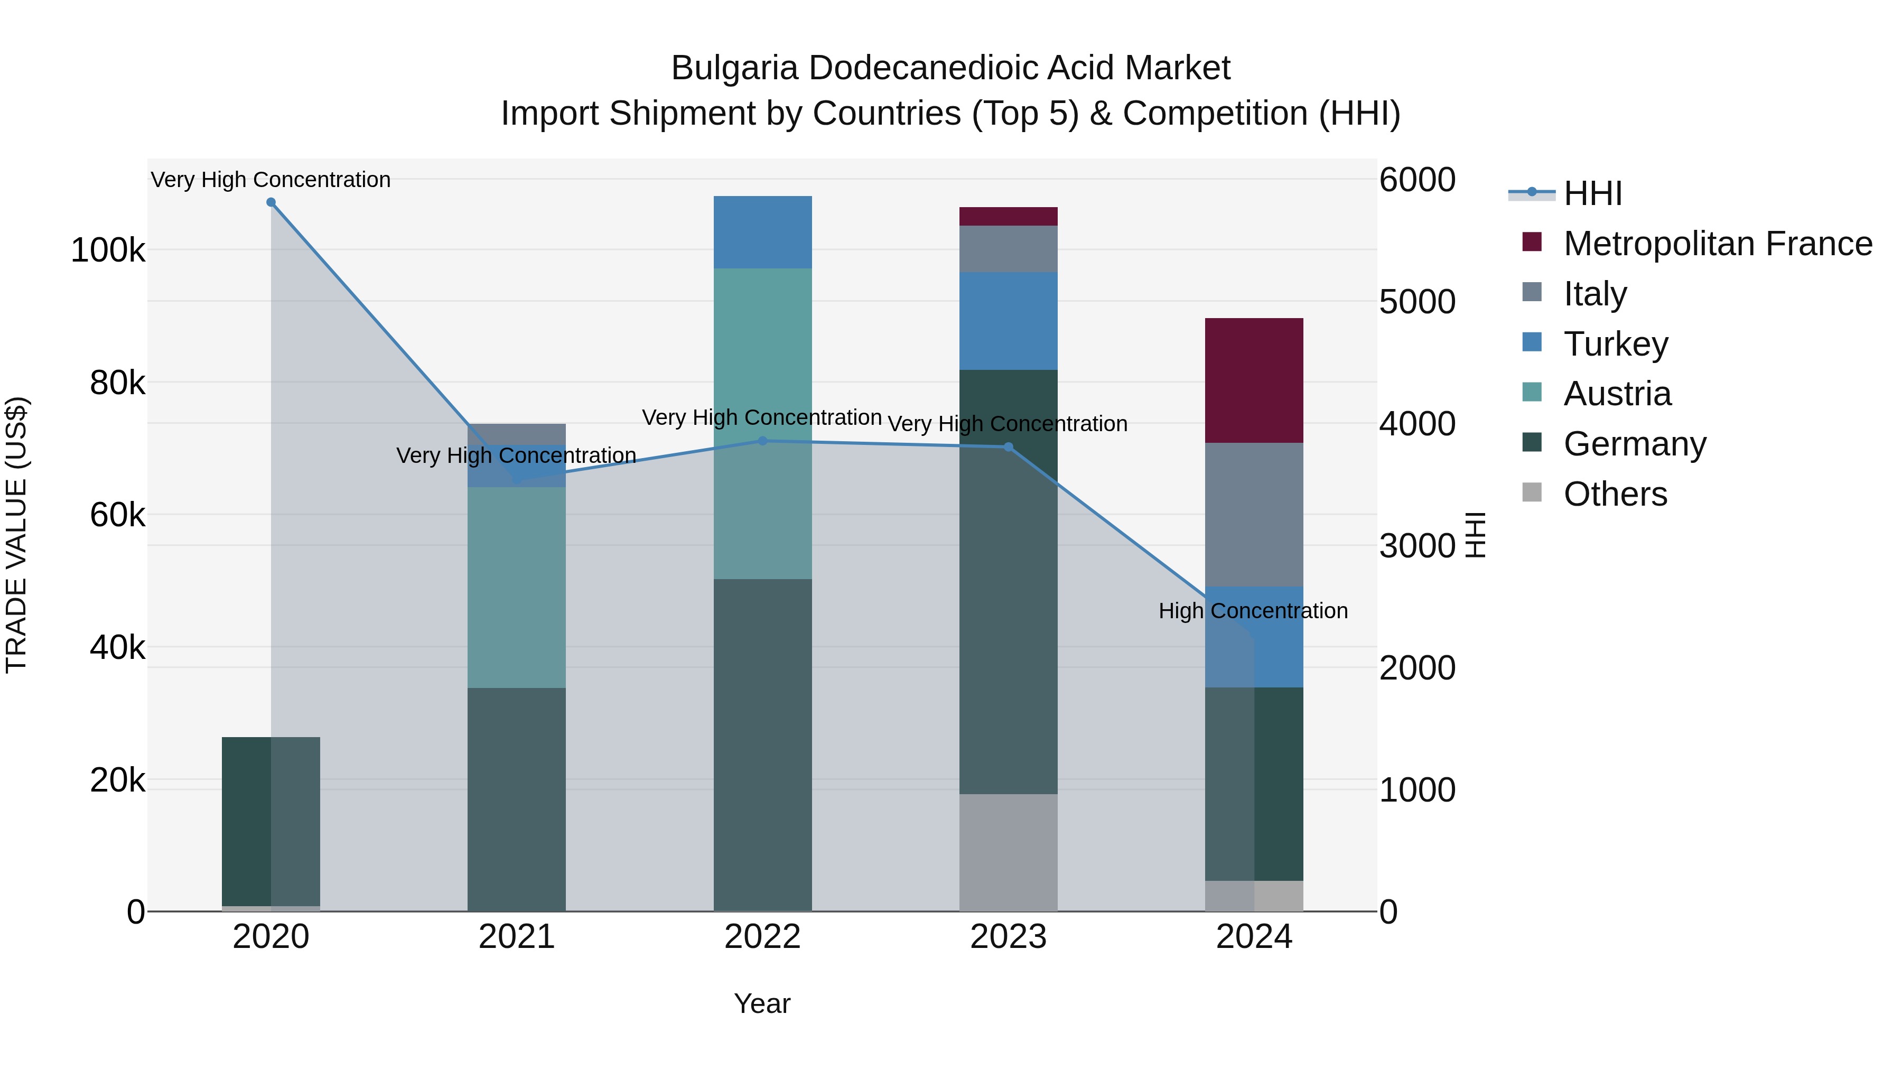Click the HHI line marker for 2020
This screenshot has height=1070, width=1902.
point(271,202)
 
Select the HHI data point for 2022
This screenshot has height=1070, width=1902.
point(763,441)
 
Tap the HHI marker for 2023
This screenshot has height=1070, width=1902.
point(1009,446)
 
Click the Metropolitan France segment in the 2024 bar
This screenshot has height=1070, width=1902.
point(1254,380)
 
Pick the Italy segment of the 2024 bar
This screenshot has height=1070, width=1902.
point(1254,515)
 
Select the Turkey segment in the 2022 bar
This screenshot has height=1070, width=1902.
point(763,232)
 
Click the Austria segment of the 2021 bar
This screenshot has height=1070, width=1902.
point(517,587)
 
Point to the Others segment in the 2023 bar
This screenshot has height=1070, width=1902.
point(1009,852)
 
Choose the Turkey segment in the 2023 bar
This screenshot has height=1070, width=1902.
point(1009,321)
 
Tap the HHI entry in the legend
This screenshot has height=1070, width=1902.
point(1592,193)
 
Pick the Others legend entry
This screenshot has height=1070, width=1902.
point(1615,494)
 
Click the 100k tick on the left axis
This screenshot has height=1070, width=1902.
point(108,251)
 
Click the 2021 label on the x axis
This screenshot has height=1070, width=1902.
point(517,937)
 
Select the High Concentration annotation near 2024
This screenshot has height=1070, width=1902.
point(1253,611)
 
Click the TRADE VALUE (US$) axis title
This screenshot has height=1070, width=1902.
point(16,535)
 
